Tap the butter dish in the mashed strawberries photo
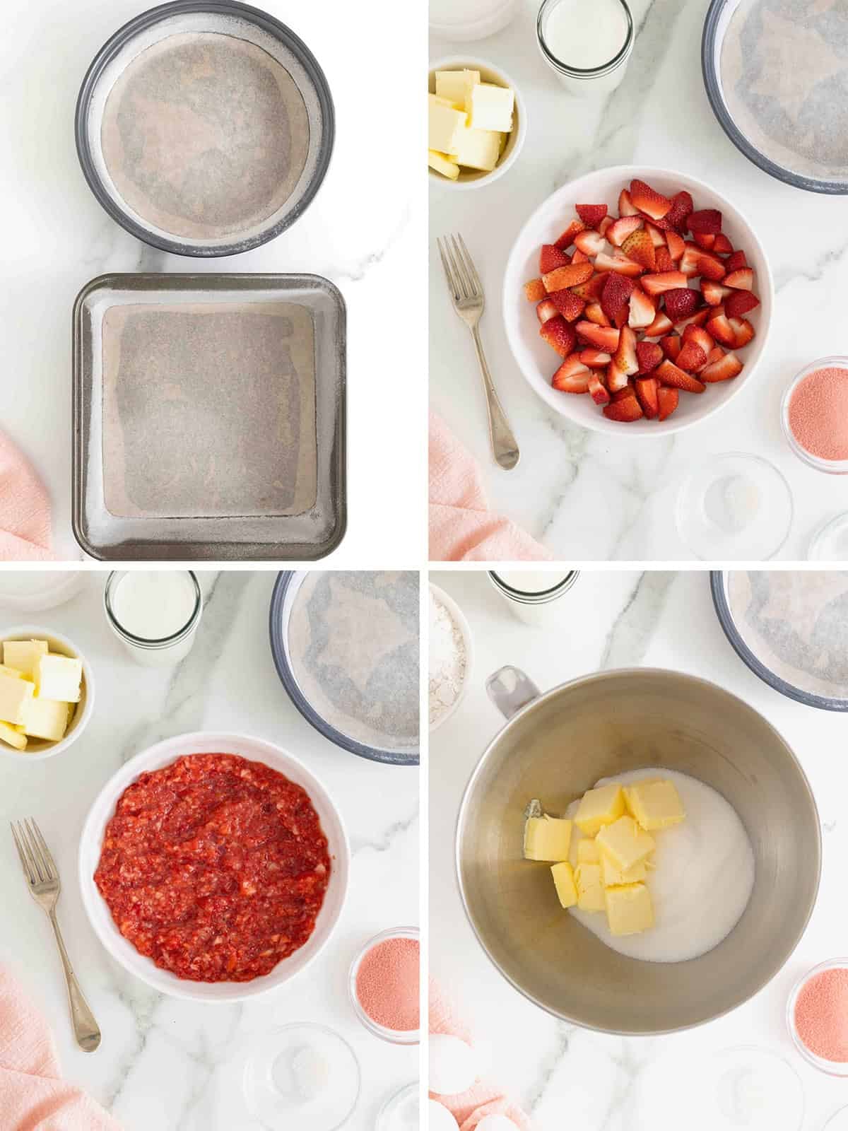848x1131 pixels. click(42, 689)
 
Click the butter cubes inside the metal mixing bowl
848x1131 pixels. click(608, 841)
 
